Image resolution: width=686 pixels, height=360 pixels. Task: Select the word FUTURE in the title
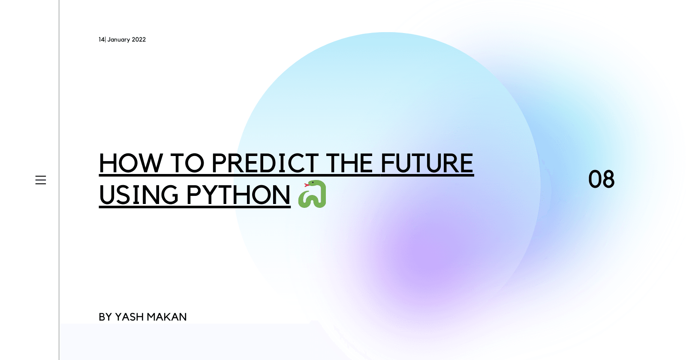pyautogui.click(x=427, y=163)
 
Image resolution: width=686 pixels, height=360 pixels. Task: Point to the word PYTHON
pyautogui.click(x=238, y=195)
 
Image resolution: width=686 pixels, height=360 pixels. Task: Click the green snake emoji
pyautogui.click(x=313, y=194)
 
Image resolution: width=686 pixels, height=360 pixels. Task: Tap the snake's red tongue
pyautogui.click(x=306, y=185)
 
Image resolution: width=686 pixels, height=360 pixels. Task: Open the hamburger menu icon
pyautogui.click(x=41, y=180)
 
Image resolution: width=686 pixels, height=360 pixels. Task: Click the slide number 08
pyautogui.click(x=601, y=180)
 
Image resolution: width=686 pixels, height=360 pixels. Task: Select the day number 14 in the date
pyautogui.click(x=101, y=39)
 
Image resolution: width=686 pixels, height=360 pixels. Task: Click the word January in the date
pyautogui.click(x=119, y=40)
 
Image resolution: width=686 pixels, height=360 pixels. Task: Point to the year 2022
pyautogui.click(x=139, y=39)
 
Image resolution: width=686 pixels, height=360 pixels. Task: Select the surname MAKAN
pyautogui.click(x=167, y=317)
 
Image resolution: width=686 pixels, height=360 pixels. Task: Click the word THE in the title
pyautogui.click(x=349, y=163)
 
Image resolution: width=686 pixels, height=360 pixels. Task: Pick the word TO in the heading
pyautogui.click(x=187, y=163)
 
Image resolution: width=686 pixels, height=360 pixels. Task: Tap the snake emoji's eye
pyautogui.click(x=313, y=183)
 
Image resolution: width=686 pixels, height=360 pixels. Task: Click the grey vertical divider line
pyautogui.click(x=59, y=180)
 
